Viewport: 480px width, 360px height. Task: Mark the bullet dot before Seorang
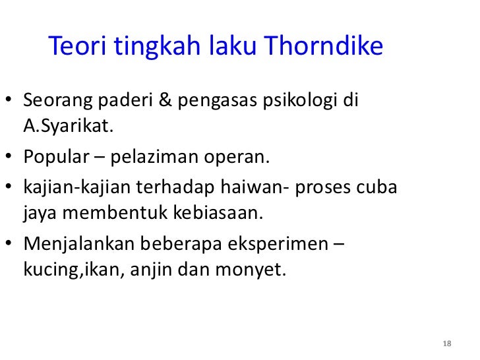tap(11, 104)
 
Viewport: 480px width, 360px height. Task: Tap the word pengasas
tap(225, 104)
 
